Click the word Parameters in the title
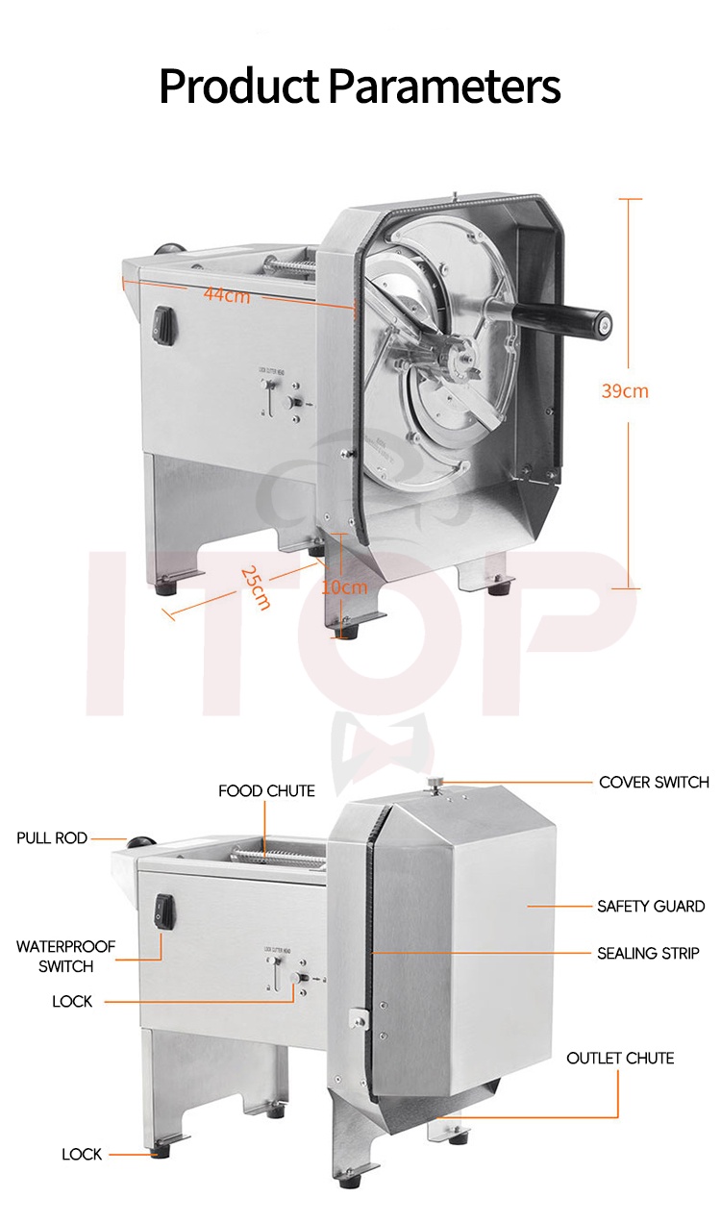[444, 87]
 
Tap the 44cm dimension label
[227, 295]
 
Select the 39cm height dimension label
[625, 390]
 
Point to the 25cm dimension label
[256, 588]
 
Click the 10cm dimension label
[344, 587]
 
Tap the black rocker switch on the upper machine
[164, 325]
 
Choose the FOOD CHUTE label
[266, 790]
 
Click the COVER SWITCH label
[654, 782]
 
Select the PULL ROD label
[52, 838]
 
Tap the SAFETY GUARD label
[651, 906]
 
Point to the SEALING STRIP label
[647, 954]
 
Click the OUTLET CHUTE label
[620, 1058]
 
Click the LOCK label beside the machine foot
[82, 1154]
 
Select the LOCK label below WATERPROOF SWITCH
[72, 1002]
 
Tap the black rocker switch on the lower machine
[164, 908]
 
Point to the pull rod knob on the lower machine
[140, 843]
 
